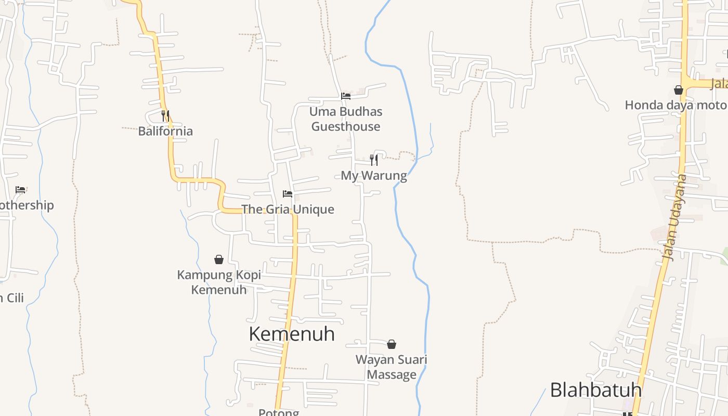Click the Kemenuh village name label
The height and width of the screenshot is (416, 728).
pos(292,334)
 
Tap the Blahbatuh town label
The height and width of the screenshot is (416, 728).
pos(595,389)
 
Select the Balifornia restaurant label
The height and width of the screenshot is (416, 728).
pos(165,131)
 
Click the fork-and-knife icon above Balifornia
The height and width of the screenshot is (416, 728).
pos(165,115)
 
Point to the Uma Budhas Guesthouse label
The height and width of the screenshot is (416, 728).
pos(346,119)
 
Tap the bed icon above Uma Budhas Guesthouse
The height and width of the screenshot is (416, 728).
pos(345,96)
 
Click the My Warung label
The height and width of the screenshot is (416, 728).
pos(374,176)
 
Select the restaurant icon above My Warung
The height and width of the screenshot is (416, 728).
pos(373,160)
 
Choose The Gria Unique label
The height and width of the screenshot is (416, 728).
pos(288,210)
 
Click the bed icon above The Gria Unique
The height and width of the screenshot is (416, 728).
pos(288,194)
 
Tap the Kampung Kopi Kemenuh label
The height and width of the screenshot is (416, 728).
pos(219,282)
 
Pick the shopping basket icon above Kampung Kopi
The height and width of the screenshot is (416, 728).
pos(219,259)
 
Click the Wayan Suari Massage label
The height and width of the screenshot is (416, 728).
pos(392,367)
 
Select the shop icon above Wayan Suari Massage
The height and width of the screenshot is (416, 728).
pos(392,344)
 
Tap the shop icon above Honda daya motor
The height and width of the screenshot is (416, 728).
pos(678,90)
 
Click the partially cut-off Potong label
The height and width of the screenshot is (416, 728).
pos(279,412)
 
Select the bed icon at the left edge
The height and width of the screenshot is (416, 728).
pos(20,190)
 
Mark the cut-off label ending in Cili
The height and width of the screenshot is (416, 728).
pos(11,298)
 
